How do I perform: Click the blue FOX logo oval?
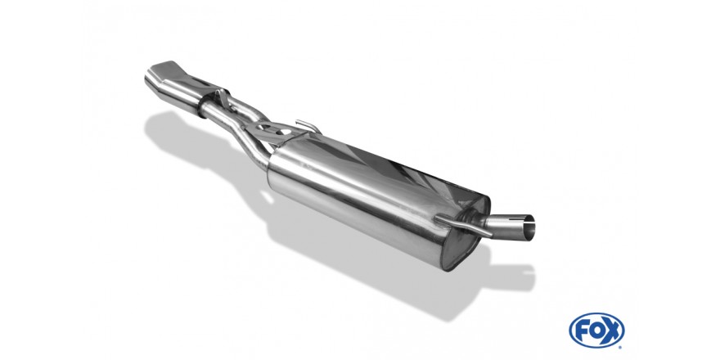[596, 331]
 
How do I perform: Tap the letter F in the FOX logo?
[582, 331]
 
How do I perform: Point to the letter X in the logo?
[612, 331]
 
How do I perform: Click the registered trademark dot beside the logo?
[622, 347]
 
